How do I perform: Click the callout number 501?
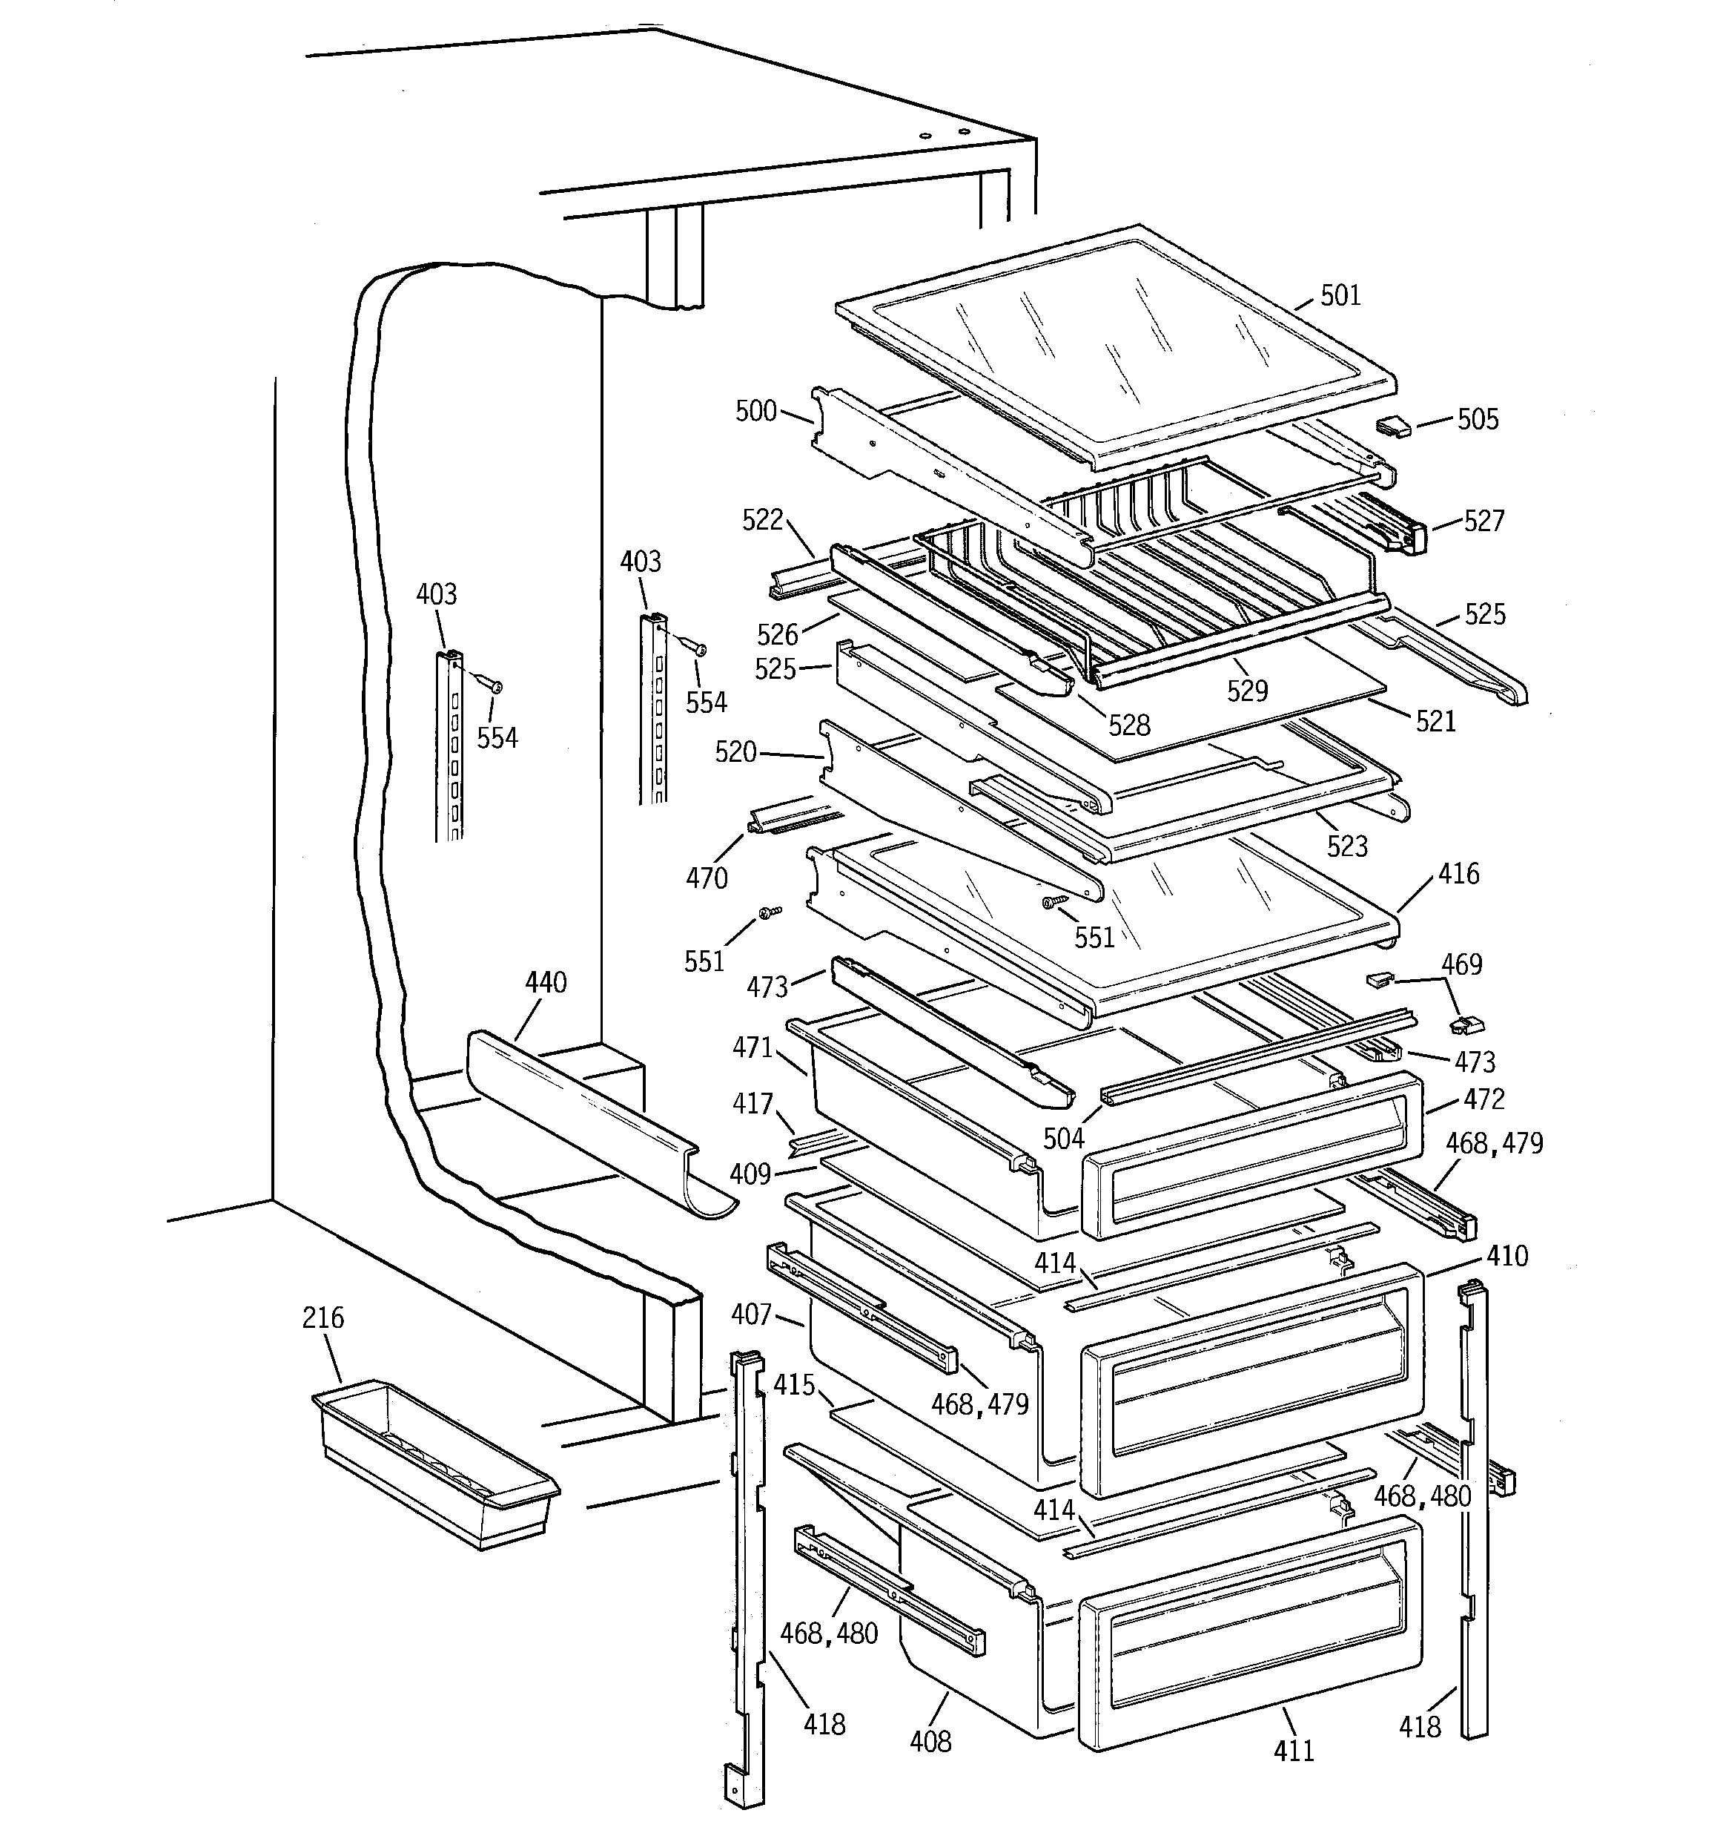(1340, 295)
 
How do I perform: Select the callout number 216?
(322, 1318)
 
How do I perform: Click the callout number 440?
(546, 983)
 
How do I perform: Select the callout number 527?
(1483, 521)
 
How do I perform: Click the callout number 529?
(1247, 690)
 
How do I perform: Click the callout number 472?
(1483, 1099)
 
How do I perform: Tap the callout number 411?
(1294, 1749)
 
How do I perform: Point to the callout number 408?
(930, 1741)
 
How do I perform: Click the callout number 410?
(1506, 1256)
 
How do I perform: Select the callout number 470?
(707, 878)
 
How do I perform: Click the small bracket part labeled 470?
(794, 817)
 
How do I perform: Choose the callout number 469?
(1461, 964)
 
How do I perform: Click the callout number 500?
(755, 411)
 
